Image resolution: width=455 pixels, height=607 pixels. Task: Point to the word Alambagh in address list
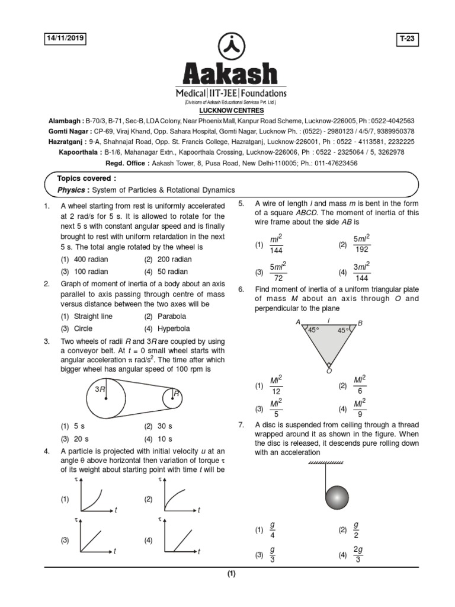tap(66, 120)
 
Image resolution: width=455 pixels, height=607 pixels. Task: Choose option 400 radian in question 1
tap(92, 260)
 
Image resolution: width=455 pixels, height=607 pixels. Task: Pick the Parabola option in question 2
tap(172, 317)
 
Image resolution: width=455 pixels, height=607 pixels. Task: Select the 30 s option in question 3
tap(164, 426)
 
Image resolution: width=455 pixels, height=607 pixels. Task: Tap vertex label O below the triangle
tap(329, 371)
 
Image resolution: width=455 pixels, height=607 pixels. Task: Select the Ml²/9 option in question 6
tap(360, 408)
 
